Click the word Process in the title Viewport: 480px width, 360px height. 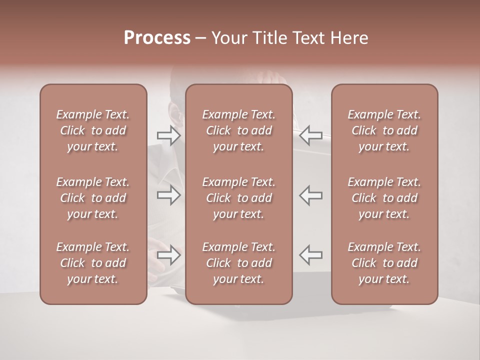point(157,38)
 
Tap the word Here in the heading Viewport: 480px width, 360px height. point(349,38)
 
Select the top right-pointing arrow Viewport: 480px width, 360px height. point(168,135)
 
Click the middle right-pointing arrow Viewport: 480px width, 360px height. point(168,195)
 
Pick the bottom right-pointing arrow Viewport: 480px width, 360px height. point(168,255)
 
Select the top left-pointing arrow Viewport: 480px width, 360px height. point(311,135)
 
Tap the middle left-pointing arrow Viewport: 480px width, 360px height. point(311,195)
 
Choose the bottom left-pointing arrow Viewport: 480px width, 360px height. point(311,255)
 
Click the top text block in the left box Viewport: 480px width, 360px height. point(93,130)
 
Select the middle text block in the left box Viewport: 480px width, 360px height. point(93,198)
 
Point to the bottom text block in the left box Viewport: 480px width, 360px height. point(93,263)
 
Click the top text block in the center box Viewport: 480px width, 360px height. point(239,130)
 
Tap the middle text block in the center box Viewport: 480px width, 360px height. point(239,198)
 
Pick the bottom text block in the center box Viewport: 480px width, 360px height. point(239,263)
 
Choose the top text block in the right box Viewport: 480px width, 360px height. point(384,130)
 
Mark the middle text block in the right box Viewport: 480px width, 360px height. point(384,198)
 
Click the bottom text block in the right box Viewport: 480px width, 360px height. point(384,263)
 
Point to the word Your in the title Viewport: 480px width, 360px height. point(227,38)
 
